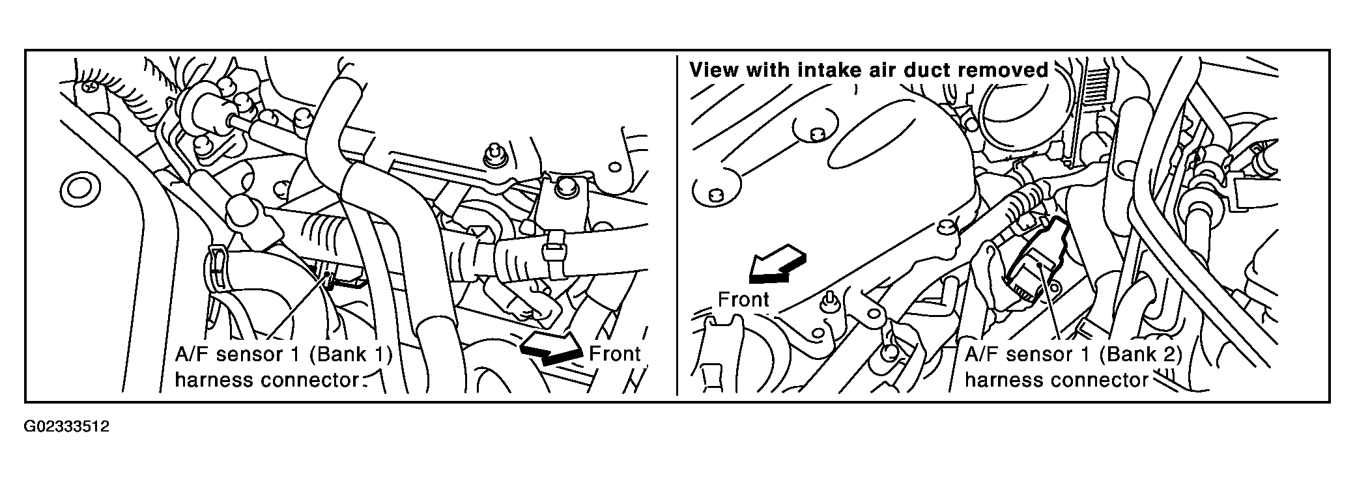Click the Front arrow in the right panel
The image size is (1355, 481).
click(777, 264)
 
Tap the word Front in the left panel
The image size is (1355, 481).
click(615, 354)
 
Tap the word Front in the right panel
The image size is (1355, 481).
click(743, 299)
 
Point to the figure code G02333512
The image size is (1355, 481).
click(67, 428)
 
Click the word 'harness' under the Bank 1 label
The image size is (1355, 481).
click(214, 379)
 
